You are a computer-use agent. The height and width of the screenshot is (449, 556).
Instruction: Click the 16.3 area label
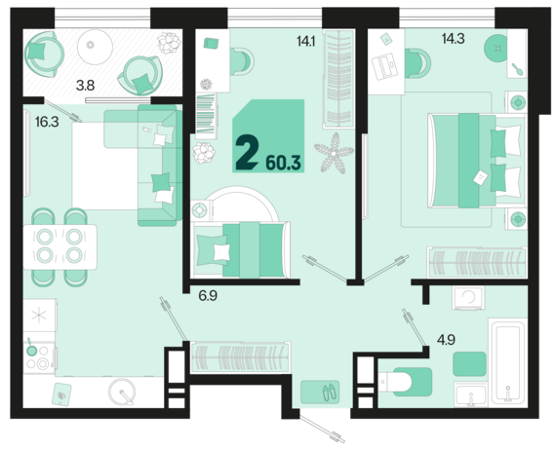(x=47, y=122)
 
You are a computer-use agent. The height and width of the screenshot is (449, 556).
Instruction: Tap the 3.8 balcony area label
(x=86, y=86)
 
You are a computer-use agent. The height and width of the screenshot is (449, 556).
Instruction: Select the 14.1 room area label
(x=306, y=42)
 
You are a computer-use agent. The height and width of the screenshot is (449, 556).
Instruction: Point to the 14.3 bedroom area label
(x=453, y=39)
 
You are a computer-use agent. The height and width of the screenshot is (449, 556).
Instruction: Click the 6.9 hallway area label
(x=208, y=296)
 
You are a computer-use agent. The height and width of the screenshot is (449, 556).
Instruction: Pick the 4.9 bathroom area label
(x=446, y=340)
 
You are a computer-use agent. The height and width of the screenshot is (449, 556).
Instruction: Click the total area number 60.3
(x=283, y=163)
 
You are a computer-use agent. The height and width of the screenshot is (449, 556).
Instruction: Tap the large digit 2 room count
(x=247, y=154)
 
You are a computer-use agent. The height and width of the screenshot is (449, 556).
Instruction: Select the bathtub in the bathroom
(x=508, y=362)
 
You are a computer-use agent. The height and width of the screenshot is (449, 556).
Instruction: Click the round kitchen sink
(x=122, y=392)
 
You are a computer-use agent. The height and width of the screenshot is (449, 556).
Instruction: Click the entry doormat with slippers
(x=320, y=392)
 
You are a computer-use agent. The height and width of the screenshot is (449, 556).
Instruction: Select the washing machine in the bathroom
(x=467, y=298)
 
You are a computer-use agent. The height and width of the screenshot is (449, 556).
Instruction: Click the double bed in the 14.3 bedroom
(x=476, y=161)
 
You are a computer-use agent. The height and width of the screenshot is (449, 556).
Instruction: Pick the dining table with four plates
(x=60, y=246)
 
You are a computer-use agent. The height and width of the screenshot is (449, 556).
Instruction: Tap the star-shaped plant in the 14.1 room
(x=334, y=153)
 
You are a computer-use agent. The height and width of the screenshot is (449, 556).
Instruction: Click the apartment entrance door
(x=322, y=430)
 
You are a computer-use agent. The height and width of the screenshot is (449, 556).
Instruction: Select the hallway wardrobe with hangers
(x=240, y=356)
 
